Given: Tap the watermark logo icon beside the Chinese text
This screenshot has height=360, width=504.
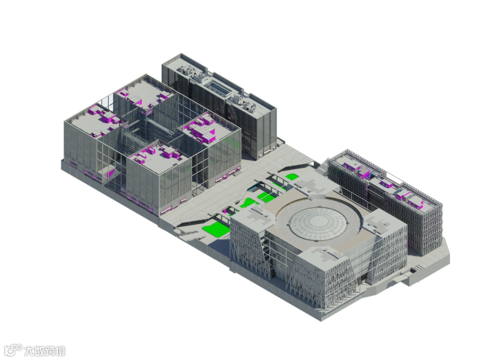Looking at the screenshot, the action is [13, 350].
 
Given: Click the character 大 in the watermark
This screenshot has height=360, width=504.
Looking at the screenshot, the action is [29, 351].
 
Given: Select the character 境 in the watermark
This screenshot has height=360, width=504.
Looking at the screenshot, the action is [60, 351].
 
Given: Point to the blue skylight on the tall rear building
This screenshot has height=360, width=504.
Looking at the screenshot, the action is [220, 87].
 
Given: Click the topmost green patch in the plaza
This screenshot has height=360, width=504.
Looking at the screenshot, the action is [291, 176].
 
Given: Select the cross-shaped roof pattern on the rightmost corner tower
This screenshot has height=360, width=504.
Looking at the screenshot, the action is [379, 224].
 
